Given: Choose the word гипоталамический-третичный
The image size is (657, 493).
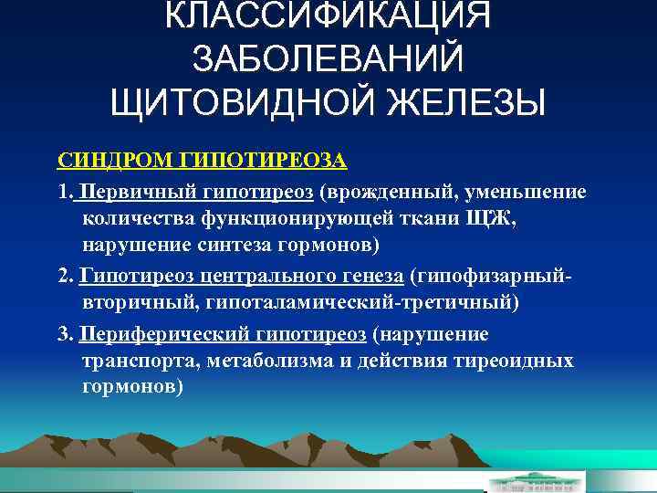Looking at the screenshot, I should pyautogui.click(x=375, y=303).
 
